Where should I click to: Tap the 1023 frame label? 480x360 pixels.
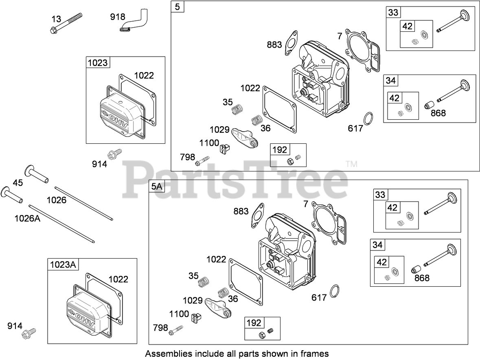coord(97,63)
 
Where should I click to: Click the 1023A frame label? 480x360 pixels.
coord(63,265)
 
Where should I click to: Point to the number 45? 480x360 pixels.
coord(18,183)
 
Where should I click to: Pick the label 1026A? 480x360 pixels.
coord(27,218)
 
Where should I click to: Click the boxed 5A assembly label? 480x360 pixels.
coord(157,187)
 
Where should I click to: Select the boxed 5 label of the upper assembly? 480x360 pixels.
coord(177,7)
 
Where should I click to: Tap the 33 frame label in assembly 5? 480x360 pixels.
coord(393,12)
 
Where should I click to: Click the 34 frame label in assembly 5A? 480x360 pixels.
coord(378,245)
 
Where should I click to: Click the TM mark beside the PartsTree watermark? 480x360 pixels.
coord(351,164)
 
